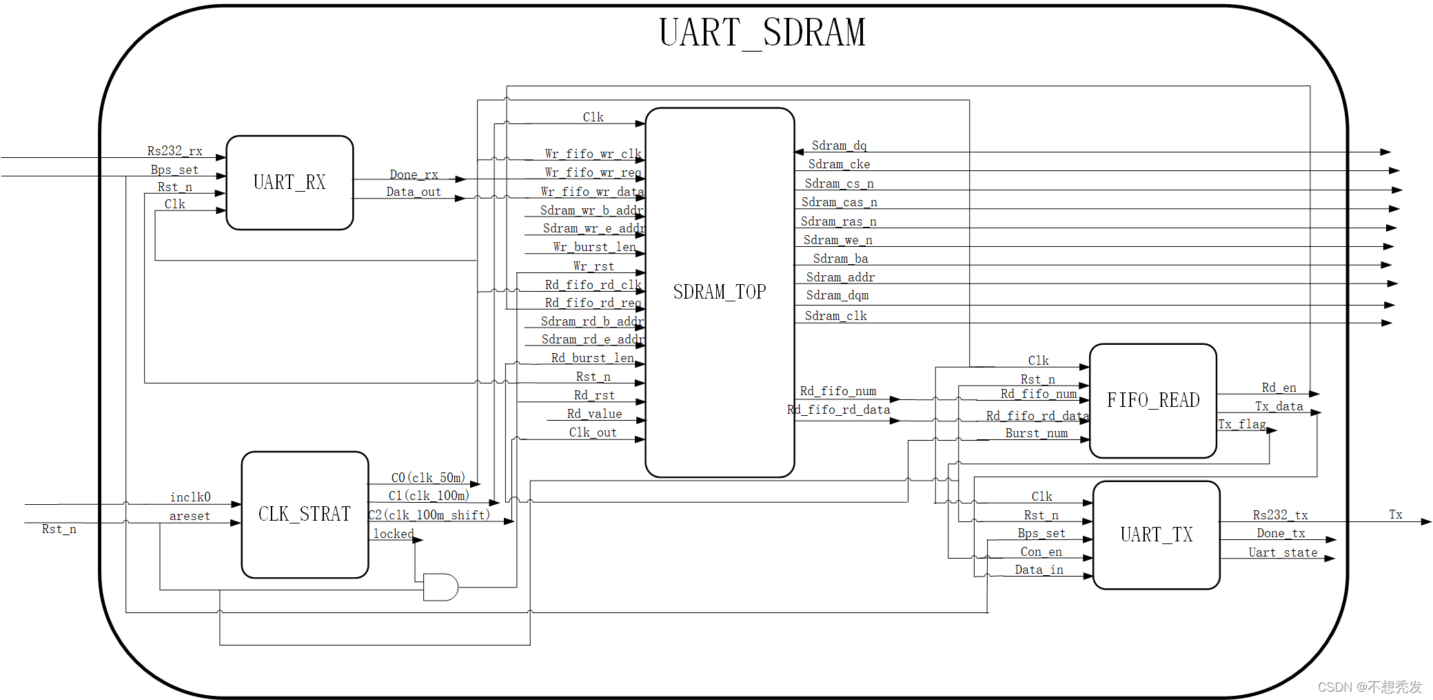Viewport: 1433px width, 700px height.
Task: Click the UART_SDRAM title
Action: [762, 32]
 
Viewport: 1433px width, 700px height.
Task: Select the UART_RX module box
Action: [289, 182]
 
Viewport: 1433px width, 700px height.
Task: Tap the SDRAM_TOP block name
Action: [720, 292]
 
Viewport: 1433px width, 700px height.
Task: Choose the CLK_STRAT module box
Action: [305, 514]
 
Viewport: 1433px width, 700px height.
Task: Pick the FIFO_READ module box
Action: [1152, 400]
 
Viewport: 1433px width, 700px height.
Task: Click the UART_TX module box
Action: [1156, 534]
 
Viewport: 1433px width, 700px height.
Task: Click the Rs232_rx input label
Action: [174, 150]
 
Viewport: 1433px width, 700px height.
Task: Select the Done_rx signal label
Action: [414, 174]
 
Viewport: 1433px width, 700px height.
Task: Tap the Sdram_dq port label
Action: [839, 146]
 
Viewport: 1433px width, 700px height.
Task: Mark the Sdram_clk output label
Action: [835, 316]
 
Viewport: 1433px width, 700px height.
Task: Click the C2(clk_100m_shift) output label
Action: [429, 514]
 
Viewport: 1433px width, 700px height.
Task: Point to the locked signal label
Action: [394, 533]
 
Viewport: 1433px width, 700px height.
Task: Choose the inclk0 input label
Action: [190, 497]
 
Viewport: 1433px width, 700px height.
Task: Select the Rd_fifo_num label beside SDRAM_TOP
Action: [837, 391]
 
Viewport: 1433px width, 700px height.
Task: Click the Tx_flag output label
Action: [1242, 424]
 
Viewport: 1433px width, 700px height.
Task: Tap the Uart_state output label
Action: [1283, 552]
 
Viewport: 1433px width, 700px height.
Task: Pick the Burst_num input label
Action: [1036, 433]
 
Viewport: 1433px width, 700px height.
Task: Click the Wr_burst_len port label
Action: [594, 247]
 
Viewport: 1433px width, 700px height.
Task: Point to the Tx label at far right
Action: [1395, 514]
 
